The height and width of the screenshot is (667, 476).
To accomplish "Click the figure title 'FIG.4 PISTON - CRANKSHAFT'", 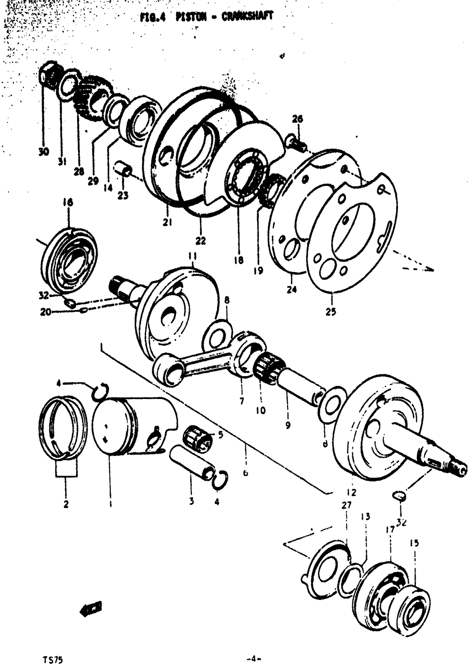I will [207, 17].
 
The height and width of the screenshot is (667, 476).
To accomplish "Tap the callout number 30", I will [43, 152].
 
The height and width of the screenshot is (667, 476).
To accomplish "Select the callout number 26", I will [297, 119].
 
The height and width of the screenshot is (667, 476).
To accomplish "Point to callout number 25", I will [331, 312].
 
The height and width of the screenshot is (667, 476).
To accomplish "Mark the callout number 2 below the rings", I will [66, 504].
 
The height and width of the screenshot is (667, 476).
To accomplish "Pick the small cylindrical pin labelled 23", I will [123, 169].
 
